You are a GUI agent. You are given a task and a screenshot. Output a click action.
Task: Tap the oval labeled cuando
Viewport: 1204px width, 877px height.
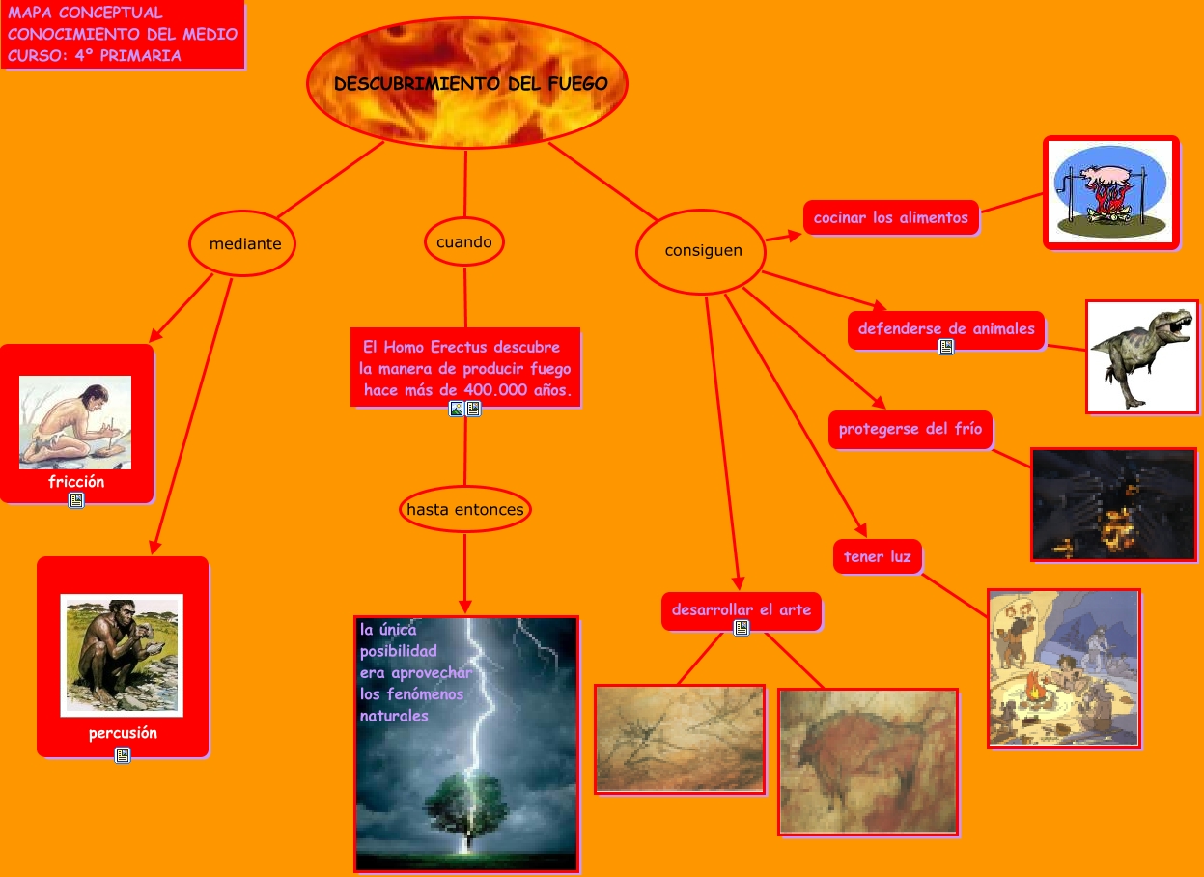[x=464, y=241]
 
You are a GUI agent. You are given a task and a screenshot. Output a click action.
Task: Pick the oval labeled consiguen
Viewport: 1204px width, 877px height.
[x=701, y=251]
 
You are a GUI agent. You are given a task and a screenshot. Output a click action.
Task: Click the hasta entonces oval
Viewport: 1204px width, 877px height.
[x=465, y=509]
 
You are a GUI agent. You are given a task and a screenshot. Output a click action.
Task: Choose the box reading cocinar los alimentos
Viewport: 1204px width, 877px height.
[x=891, y=218]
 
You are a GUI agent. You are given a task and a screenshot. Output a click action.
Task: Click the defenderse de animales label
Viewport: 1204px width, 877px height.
[x=946, y=328]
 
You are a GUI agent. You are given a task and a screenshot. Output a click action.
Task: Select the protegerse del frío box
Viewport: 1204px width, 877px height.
[x=910, y=429]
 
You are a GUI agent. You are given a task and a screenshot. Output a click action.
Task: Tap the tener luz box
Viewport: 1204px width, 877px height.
[x=877, y=556]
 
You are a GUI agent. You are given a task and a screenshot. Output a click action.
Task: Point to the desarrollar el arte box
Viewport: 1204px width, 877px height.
[x=742, y=609]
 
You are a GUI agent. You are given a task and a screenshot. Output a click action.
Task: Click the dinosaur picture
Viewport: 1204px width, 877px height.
[x=1141, y=355]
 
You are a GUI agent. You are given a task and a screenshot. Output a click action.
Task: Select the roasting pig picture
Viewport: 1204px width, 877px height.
[x=1111, y=192]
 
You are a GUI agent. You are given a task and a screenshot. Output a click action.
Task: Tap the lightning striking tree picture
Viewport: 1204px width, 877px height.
[x=467, y=744]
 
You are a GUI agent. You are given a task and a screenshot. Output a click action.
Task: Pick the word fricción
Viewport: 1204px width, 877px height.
[x=76, y=482]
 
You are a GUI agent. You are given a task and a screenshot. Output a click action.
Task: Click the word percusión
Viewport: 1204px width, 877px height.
[x=123, y=733]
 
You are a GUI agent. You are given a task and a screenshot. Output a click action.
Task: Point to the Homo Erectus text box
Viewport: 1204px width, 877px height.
[x=465, y=368]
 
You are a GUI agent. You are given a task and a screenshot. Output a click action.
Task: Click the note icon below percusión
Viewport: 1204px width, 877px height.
[x=123, y=755]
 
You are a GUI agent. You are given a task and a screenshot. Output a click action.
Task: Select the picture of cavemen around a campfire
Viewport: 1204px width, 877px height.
[x=1063, y=667]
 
